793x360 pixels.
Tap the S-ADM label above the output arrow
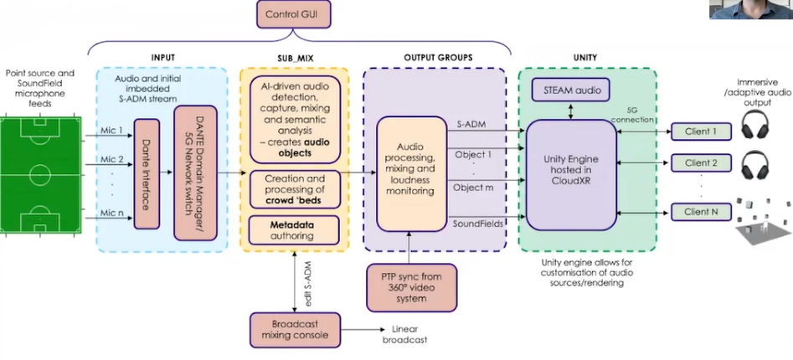tap(471, 125)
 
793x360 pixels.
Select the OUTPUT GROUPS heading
tap(432, 58)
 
